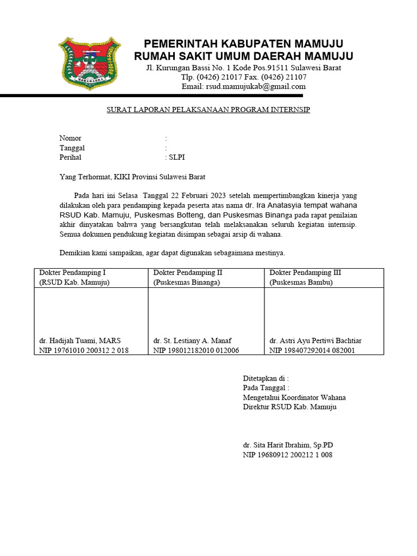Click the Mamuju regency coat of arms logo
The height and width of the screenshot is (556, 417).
tap(90, 63)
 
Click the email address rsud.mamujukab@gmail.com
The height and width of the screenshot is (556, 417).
tap(243, 86)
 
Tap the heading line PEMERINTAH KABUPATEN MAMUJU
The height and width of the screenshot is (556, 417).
tap(243, 44)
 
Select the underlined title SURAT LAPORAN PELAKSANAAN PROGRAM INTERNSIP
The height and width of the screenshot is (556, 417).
tap(208, 110)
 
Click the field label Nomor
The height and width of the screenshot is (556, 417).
tap(70, 138)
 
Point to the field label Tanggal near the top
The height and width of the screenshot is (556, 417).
tap(72, 148)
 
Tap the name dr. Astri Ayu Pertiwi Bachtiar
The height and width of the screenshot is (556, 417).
tap(315, 341)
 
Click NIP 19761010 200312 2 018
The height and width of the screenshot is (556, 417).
tap(84, 350)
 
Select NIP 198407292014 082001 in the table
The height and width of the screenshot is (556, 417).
tap(312, 350)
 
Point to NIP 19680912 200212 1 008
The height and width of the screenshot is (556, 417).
tap(287, 455)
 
